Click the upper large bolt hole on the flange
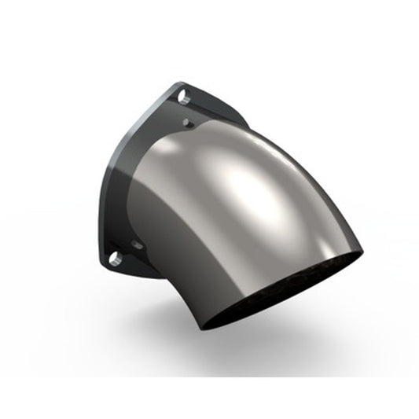(x=183, y=99)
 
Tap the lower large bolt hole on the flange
(x=115, y=258)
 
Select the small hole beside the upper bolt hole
(x=187, y=123)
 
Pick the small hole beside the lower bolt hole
(x=138, y=245)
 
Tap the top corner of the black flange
(x=182, y=83)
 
